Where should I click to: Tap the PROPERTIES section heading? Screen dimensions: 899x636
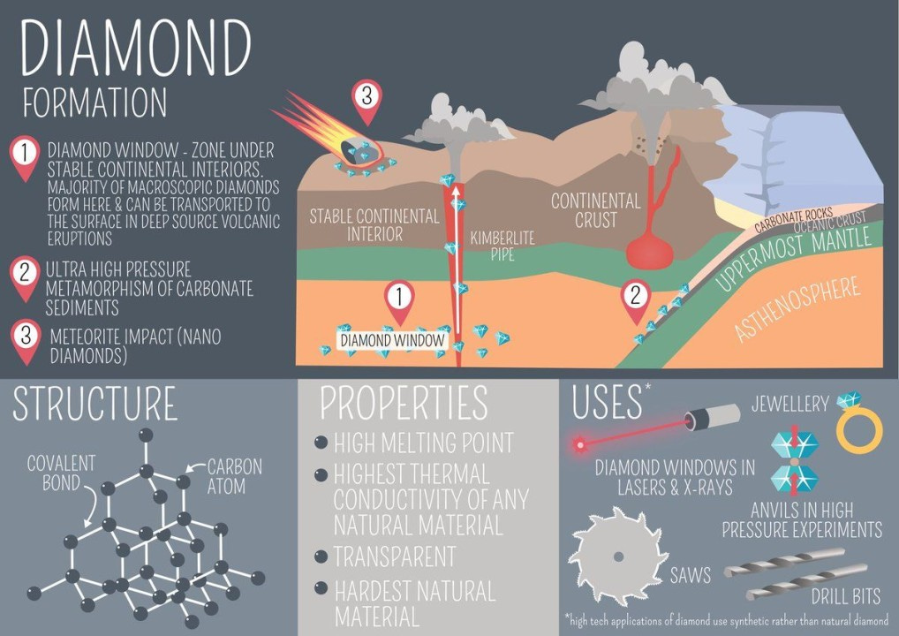tap(404, 403)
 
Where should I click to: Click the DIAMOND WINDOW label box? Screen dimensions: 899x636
tap(392, 338)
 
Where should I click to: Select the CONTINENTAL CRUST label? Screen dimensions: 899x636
tap(596, 210)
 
